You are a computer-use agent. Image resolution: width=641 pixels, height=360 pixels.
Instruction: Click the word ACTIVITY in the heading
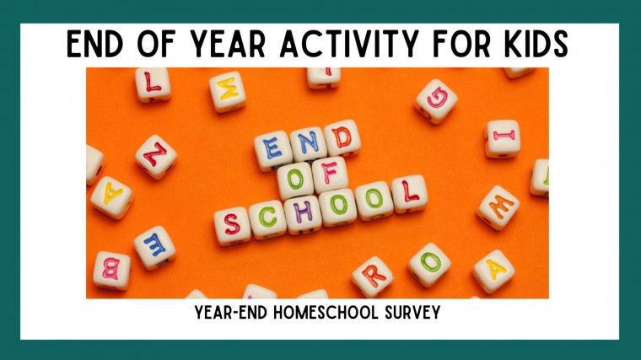click(349, 43)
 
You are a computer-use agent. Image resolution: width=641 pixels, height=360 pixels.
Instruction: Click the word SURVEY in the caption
click(412, 313)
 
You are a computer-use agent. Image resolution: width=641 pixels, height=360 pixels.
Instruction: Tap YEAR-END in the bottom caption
click(231, 313)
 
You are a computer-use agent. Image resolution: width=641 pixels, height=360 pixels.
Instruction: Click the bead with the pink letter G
click(436, 101)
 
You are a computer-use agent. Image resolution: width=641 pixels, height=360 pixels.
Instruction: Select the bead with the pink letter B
click(111, 271)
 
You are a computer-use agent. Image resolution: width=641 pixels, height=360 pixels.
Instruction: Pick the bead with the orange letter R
click(373, 277)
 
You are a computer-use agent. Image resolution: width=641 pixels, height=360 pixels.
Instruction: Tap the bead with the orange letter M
click(498, 207)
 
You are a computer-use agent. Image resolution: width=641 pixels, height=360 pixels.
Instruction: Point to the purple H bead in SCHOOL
click(303, 215)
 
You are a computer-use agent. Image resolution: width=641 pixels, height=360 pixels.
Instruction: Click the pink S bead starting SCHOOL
click(232, 226)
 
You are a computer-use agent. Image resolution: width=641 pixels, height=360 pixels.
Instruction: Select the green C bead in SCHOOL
click(267, 219)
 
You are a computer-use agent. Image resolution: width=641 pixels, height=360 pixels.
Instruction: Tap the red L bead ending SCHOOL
click(409, 194)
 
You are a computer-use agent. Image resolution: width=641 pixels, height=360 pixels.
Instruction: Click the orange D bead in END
click(342, 138)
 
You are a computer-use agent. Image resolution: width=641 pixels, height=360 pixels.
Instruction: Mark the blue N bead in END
click(309, 144)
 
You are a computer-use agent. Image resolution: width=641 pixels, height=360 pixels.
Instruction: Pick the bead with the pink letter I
click(503, 138)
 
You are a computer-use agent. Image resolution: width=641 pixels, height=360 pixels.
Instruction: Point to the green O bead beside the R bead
click(429, 265)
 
